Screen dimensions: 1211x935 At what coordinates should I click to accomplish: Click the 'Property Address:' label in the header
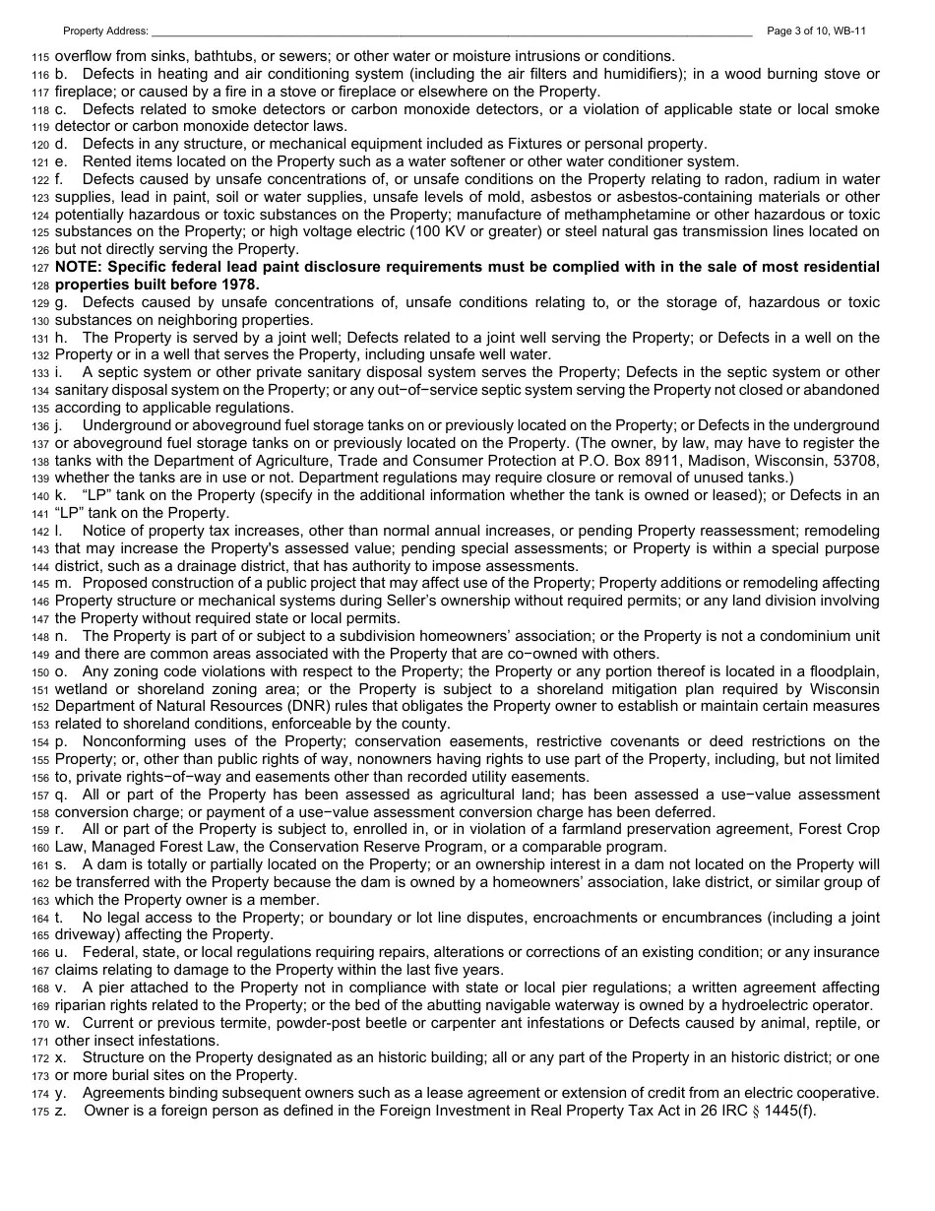click(x=105, y=32)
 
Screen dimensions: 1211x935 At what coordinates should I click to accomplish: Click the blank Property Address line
click(x=453, y=32)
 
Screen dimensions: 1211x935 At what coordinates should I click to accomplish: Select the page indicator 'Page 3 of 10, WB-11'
click(x=816, y=32)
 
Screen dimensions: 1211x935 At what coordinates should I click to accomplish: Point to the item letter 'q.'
click(x=61, y=795)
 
